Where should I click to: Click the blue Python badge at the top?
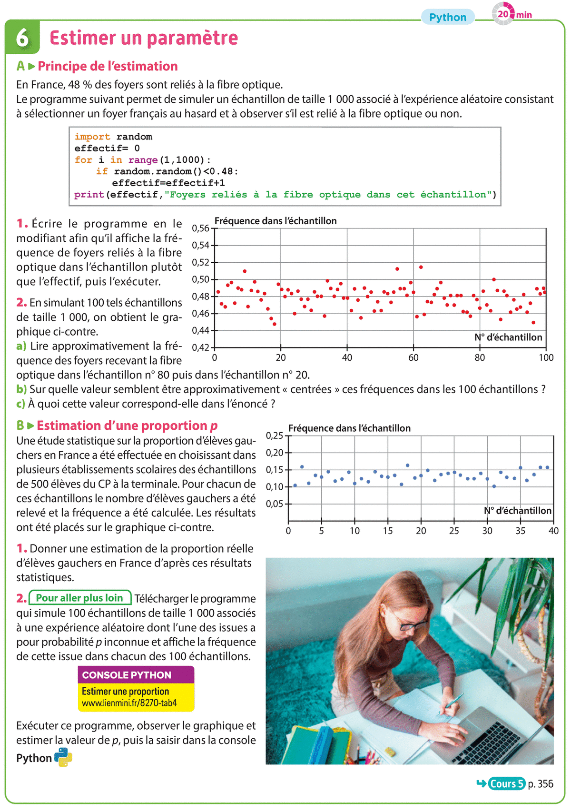click(x=447, y=17)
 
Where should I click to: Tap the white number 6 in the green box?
click(x=22, y=38)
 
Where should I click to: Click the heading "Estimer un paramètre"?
click(x=143, y=38)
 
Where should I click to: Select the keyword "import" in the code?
click(x=92, y=137)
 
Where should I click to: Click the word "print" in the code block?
click(x=89, y=195)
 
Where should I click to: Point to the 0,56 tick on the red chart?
click(x=201, y=228)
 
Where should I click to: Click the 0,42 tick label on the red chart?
click(x=201, y=347)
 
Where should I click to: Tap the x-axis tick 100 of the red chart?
click(x=546, y=358)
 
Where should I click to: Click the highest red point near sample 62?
click(x=421, y=267)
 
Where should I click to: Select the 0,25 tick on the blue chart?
click(x=275, y=436)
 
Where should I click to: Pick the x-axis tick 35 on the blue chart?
click(x=520, y=531)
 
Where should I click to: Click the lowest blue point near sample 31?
click(x=494, y=486)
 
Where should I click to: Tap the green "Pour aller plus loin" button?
click(x=80, y=598)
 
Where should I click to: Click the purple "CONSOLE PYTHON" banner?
click(x=136, y=675)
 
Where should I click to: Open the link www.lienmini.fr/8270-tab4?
click(x=129, y=703)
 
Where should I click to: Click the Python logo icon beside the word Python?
click(x=63, y=757)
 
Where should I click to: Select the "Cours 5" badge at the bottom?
click(x=506, y=783)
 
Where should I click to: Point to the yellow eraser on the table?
click(x=390, y=753)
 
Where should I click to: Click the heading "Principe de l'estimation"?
click(x=108, y=66)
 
